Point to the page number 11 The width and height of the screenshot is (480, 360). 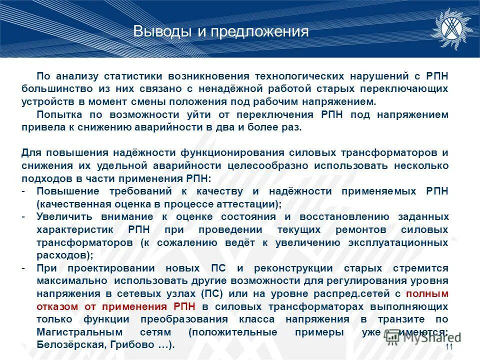[448, 347]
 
